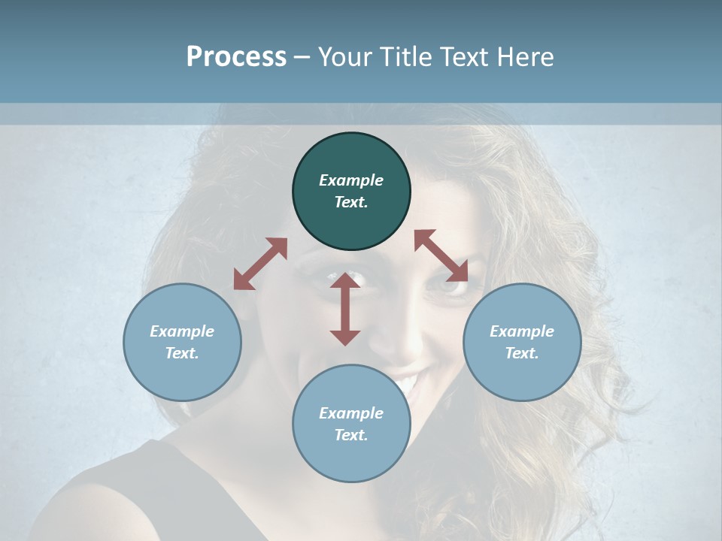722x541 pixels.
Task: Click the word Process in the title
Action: click(x=236, y=57)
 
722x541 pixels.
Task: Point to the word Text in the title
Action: click(x=467, y=57)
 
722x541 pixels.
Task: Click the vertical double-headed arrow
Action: click(x=345, y=309)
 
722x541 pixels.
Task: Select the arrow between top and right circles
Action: click(x=441, y=255)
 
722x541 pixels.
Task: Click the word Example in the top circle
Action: click(x=351, y=180)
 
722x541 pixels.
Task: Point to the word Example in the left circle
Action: click(x=182, y=331)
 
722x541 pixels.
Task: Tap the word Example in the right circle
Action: click(x=522, y=331)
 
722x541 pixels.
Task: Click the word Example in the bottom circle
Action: click(x=351, y=413)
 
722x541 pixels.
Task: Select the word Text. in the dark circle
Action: click(x=351, y=203)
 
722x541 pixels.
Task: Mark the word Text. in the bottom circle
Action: click(x=351, y=436)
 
